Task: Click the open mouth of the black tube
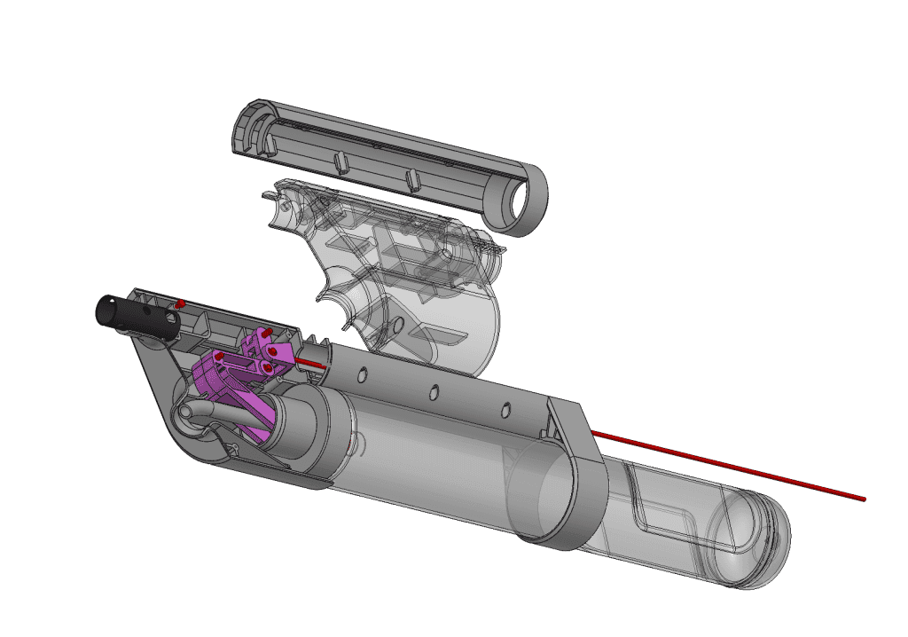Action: [105, 312]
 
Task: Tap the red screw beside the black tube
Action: [179, 304]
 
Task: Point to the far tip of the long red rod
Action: [861, 499]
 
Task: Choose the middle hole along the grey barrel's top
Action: [434, 391]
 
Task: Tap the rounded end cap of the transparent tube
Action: [754, 546]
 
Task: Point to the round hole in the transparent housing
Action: [397, 325]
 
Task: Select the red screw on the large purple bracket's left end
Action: [218, 357]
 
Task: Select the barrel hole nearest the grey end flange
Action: [506, 409]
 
